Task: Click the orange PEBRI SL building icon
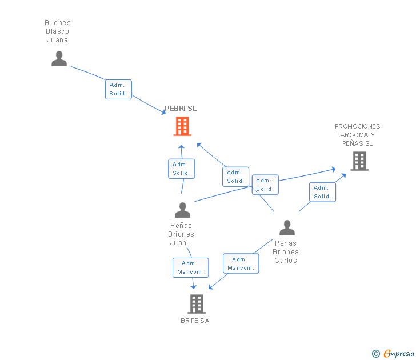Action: [182, 126]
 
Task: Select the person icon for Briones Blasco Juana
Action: [59, 58]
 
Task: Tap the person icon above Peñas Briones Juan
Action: [182, 210]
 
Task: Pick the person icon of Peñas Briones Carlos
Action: [287, 227]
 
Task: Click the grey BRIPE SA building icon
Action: [196, 303]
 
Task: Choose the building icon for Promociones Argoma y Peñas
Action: [359, 161]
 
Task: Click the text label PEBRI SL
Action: [181, 109]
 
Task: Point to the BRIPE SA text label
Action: [195, 321]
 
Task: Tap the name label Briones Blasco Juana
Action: [58, 31]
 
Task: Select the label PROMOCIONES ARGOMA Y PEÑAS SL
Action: [358, 135]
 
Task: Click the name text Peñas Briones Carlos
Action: [286, 251]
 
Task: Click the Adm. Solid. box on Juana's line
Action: [118, 89]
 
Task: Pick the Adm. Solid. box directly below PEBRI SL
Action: [182, 169]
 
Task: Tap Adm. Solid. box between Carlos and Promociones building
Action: [322, 192]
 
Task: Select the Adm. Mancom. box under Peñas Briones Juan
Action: [190, 267]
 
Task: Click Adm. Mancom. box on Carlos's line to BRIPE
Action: [241, 263]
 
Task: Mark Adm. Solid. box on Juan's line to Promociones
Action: [265, 185]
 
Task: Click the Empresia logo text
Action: [399, 354]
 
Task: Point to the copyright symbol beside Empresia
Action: [376, 354]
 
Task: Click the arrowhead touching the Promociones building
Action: [333, 169]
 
